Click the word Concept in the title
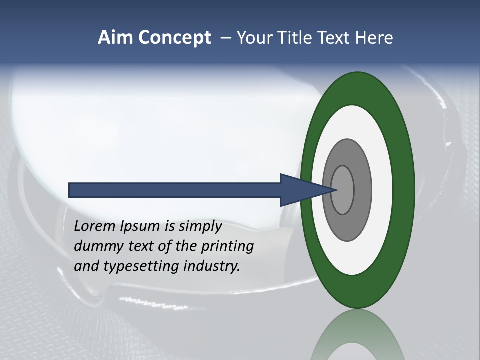coord(175,38)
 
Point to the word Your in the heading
coord(253,38)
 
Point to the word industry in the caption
coord(212,266)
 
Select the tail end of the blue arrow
coord(72,190)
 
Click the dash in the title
coord(226,38)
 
